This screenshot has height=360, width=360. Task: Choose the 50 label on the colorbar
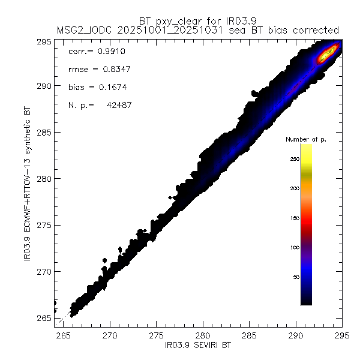click(x=294, y=277)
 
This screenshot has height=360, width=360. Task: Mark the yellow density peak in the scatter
click(x=326, y=55)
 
